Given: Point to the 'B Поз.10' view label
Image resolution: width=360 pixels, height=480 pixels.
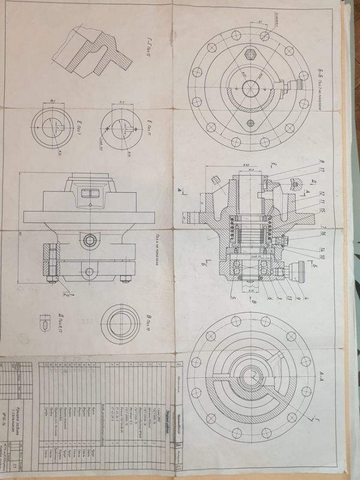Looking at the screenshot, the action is tap(150, 324).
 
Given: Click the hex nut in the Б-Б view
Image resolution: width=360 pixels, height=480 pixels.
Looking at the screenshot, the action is tap(250, 54).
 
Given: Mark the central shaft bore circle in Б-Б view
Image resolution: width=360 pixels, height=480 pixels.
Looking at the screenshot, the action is tap(250, 88).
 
